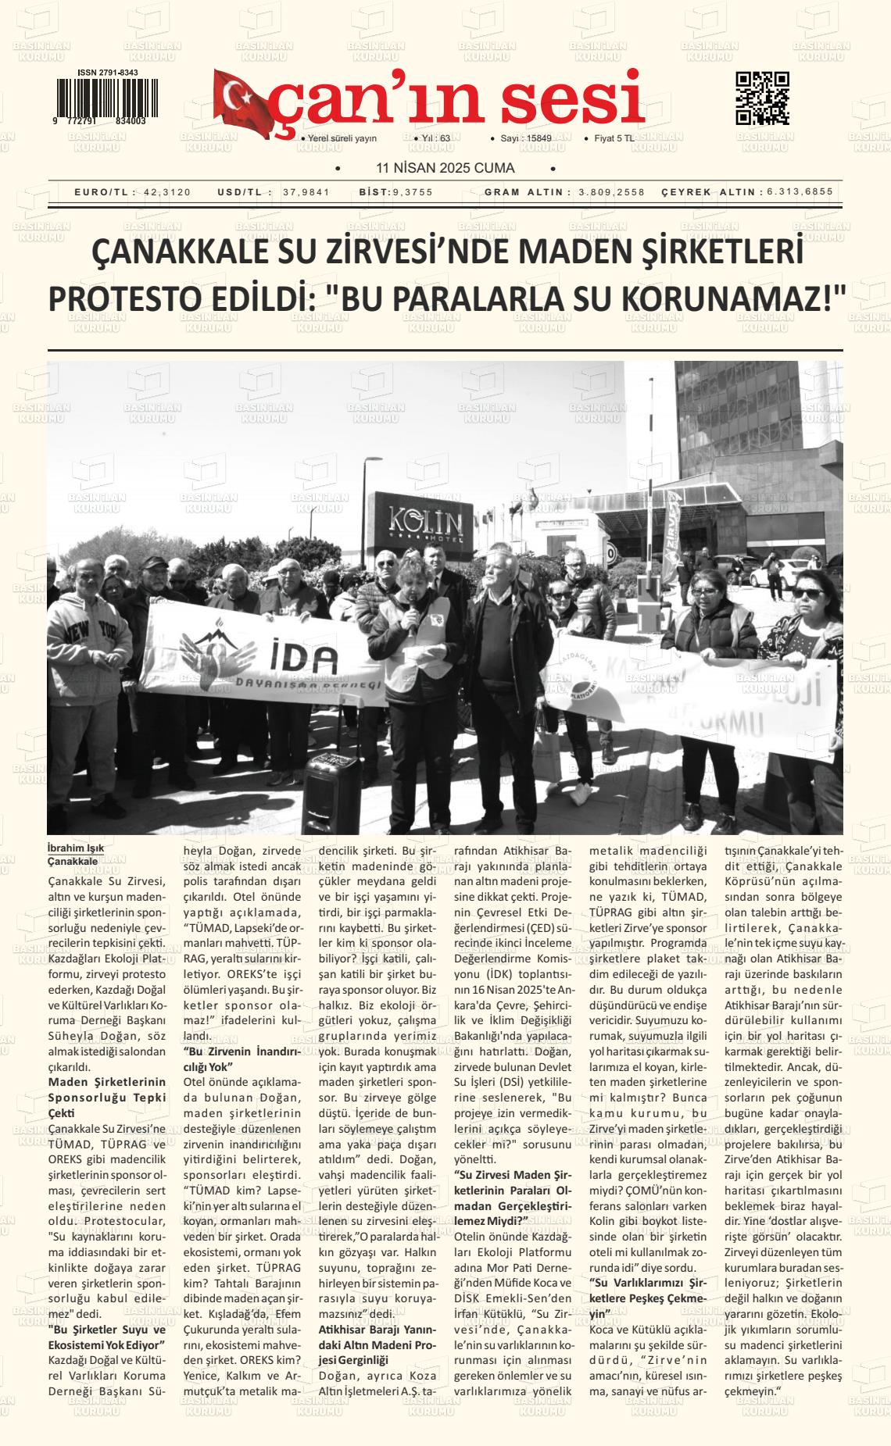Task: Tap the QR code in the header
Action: click(762, 98)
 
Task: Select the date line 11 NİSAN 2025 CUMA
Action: click(445, 168)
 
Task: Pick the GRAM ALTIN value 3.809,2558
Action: click(611, 192)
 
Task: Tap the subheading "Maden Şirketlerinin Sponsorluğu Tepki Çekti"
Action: click(107, 1097)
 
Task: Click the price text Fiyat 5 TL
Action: click(614, 138)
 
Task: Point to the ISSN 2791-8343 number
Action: click(108, 73)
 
